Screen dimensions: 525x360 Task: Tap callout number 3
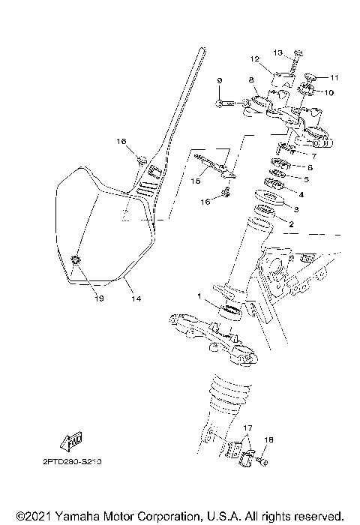[x=296, y=209]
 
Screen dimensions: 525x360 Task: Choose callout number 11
[x=334, y=77]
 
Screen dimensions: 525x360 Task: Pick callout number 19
[x=79, y=298]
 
